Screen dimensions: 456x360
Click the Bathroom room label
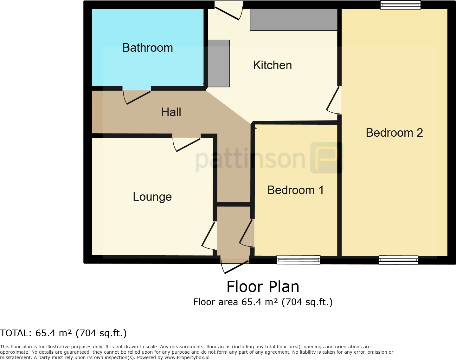point(147,48)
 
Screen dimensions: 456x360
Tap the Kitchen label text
point(273,65)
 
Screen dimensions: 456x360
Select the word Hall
point(171,112)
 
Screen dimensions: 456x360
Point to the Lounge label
point(152,197)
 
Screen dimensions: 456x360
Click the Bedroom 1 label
point(296,190)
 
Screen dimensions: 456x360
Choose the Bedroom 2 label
point(394,133)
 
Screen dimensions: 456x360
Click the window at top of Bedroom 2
point(400,5)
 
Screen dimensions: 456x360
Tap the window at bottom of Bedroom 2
point(398,260)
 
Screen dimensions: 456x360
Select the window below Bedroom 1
point(299,260)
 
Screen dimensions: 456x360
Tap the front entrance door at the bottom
point(234,265)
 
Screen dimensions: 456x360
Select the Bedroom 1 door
point(246,233)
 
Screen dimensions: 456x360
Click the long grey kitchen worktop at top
point(294,20)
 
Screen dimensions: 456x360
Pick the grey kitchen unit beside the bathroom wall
point(219,63)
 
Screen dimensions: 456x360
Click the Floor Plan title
point(263,287)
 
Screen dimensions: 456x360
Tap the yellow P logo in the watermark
point(326,158)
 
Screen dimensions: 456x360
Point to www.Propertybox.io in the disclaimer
point(187,358)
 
